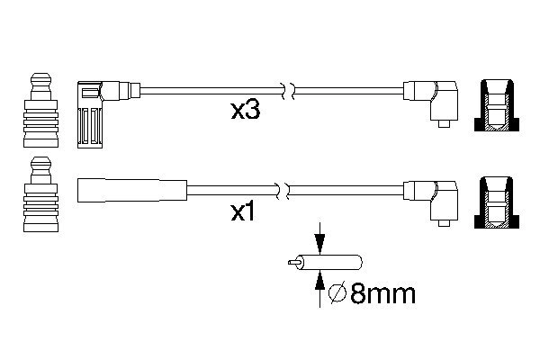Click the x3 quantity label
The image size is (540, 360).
click(x=245, y=111)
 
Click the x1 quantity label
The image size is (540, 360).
click(x=243, y=211)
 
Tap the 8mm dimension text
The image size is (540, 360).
click(x=383, y=294)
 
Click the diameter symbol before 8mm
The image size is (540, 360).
click(x=337, y=294)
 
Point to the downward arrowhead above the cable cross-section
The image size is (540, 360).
click(x=319, y=244)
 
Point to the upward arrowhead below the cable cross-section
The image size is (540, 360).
click(x=319, y=279)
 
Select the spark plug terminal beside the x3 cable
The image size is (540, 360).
click(x=41, y=110)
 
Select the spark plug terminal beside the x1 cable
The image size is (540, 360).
click(x=41, y=194)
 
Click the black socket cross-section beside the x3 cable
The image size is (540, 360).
click(x=497, y=105)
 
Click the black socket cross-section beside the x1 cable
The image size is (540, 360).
click(x=497, y=202)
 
